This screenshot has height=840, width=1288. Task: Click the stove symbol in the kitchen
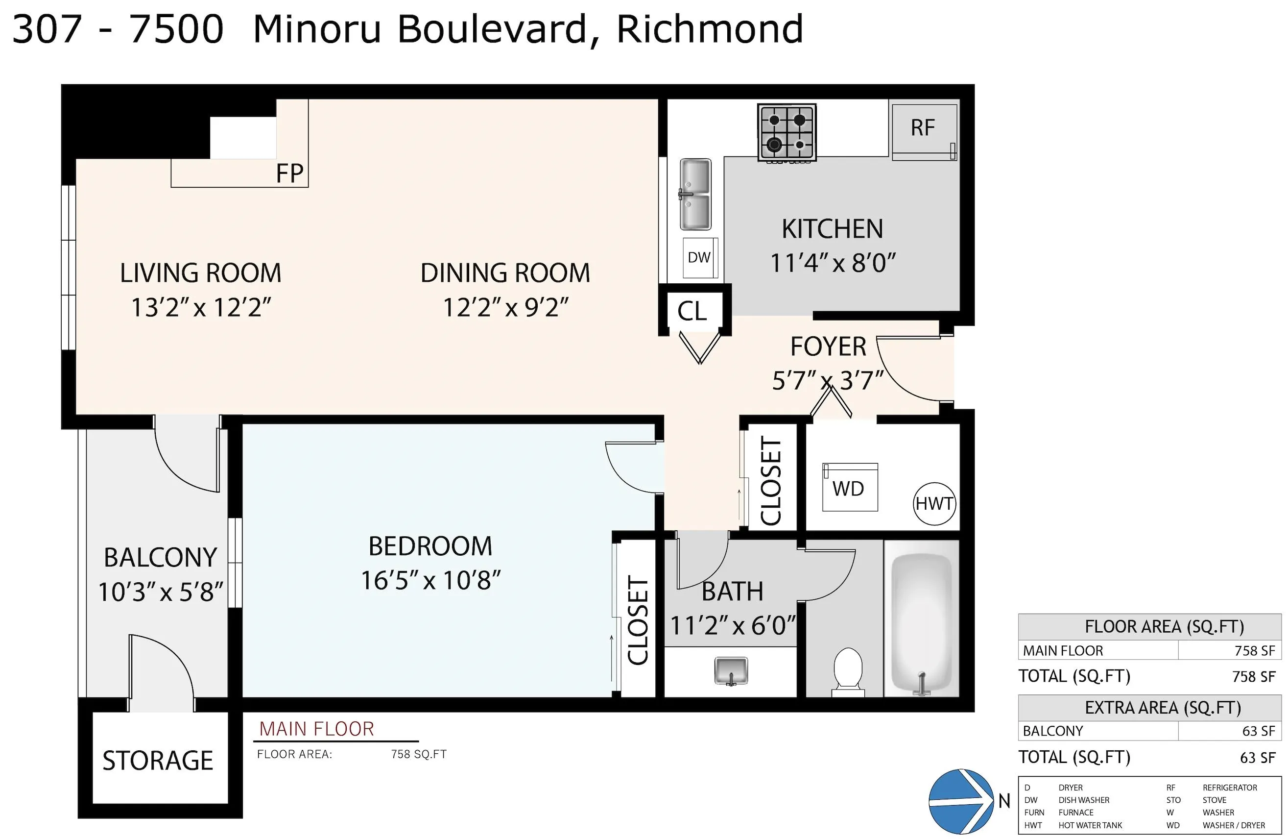pyautogui.click(x=787, y=133)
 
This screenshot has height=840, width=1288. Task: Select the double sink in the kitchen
pyautogui.click(x=695, y=194)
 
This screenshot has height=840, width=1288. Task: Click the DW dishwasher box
pyautogui.click(x=699, y=258)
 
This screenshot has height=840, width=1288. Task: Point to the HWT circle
pyautogui.click(x=934, y=504)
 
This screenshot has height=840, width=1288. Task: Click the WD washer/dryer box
pyautogui.click(x=849, y=488)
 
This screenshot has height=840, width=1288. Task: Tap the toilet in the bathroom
pyautogui.click(x=847, y=671)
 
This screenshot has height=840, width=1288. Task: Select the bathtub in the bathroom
pyautogui.click(x=921, y=623)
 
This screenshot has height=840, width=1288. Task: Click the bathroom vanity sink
pyautogui.click(x=731, y=671)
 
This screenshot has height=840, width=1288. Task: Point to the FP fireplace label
pyautogui.click(x=289, y=174)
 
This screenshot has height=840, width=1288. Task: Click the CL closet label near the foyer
pyautogui.click(x=692, y=311)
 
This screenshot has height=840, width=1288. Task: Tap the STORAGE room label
pyautogui.click(x=158, y=761)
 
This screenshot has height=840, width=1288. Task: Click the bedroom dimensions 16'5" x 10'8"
pyautogui.click(x=430, y=581)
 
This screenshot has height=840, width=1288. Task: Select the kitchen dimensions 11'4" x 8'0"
pyautogui.click(x=833, y=263)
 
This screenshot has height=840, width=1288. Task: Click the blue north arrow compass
pyautogui.click(x=960, y=800)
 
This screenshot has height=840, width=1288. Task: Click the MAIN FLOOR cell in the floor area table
pyautogui.click(x=1062, y=650)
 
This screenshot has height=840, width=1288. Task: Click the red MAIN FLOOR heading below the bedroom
pyautogui.click(x=316, y=729)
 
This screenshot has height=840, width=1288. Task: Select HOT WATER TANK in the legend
pyautogui.click(x=1090, y=825)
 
